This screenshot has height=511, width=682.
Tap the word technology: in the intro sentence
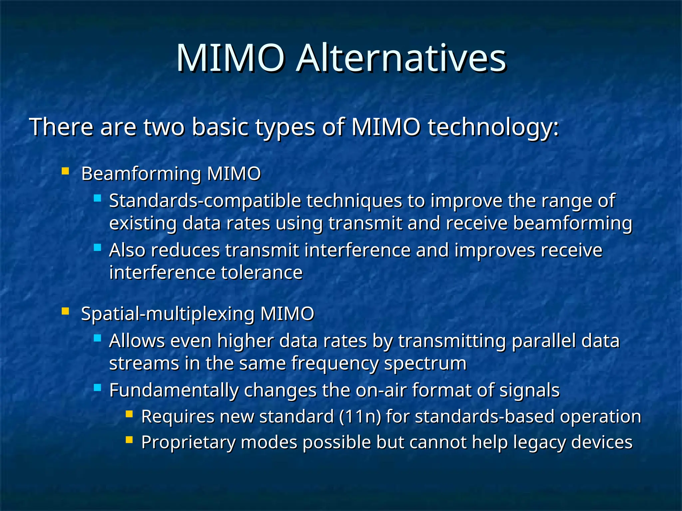pos(493,127)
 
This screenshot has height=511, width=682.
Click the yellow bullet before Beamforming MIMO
pos(65,172)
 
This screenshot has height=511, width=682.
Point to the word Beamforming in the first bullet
pos(141,174)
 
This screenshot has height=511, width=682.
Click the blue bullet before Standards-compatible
pos(97,199)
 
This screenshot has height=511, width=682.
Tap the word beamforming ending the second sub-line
pos(572,223)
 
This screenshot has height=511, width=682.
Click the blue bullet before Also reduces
pos(97,248)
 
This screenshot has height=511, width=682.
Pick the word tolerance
pos(262,272)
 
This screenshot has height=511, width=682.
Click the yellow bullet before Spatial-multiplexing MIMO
pos(65,312)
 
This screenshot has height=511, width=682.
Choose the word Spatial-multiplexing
pos(168,314)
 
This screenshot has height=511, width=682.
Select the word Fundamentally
pos(174,390)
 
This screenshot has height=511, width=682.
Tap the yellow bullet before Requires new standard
pos(129,415)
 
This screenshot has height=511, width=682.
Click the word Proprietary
pos(188,443)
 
